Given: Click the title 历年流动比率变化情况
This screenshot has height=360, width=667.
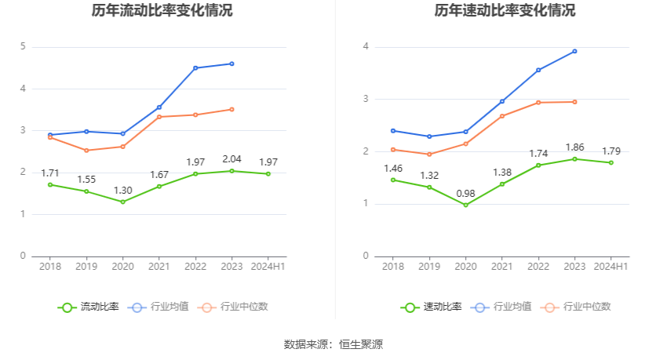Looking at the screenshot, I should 162,11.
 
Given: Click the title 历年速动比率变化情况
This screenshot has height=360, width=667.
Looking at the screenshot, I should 505,11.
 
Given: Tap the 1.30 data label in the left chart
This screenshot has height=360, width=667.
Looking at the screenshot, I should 122,190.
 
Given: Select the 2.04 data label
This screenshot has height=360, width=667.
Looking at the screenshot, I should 231,159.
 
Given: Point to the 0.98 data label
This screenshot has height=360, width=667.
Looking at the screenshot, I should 465,193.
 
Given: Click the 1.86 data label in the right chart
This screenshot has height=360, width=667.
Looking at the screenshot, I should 574,147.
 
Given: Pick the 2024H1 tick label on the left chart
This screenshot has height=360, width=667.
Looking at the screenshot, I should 268,267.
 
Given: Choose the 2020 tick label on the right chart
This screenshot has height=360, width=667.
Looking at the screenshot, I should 465,267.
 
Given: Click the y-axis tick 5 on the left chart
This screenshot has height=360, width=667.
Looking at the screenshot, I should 24,47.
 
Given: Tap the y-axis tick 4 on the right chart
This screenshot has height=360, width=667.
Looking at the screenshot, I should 366,47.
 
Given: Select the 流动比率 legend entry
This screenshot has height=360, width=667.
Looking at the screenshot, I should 89,307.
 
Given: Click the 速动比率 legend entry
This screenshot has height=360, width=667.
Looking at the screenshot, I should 432,307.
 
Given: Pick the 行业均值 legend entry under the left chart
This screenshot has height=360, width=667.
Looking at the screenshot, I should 160,307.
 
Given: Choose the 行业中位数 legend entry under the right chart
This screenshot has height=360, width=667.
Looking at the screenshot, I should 580,307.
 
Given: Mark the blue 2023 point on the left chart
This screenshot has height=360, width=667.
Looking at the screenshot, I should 231,64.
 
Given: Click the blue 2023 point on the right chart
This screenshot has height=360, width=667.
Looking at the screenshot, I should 574,51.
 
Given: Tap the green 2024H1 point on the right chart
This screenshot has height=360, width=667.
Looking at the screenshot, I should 611,162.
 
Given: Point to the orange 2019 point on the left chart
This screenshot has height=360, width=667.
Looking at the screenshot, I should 86,151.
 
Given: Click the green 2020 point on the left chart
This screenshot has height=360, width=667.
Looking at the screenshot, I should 122,202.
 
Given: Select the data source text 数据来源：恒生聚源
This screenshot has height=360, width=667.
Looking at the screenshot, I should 333,344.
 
